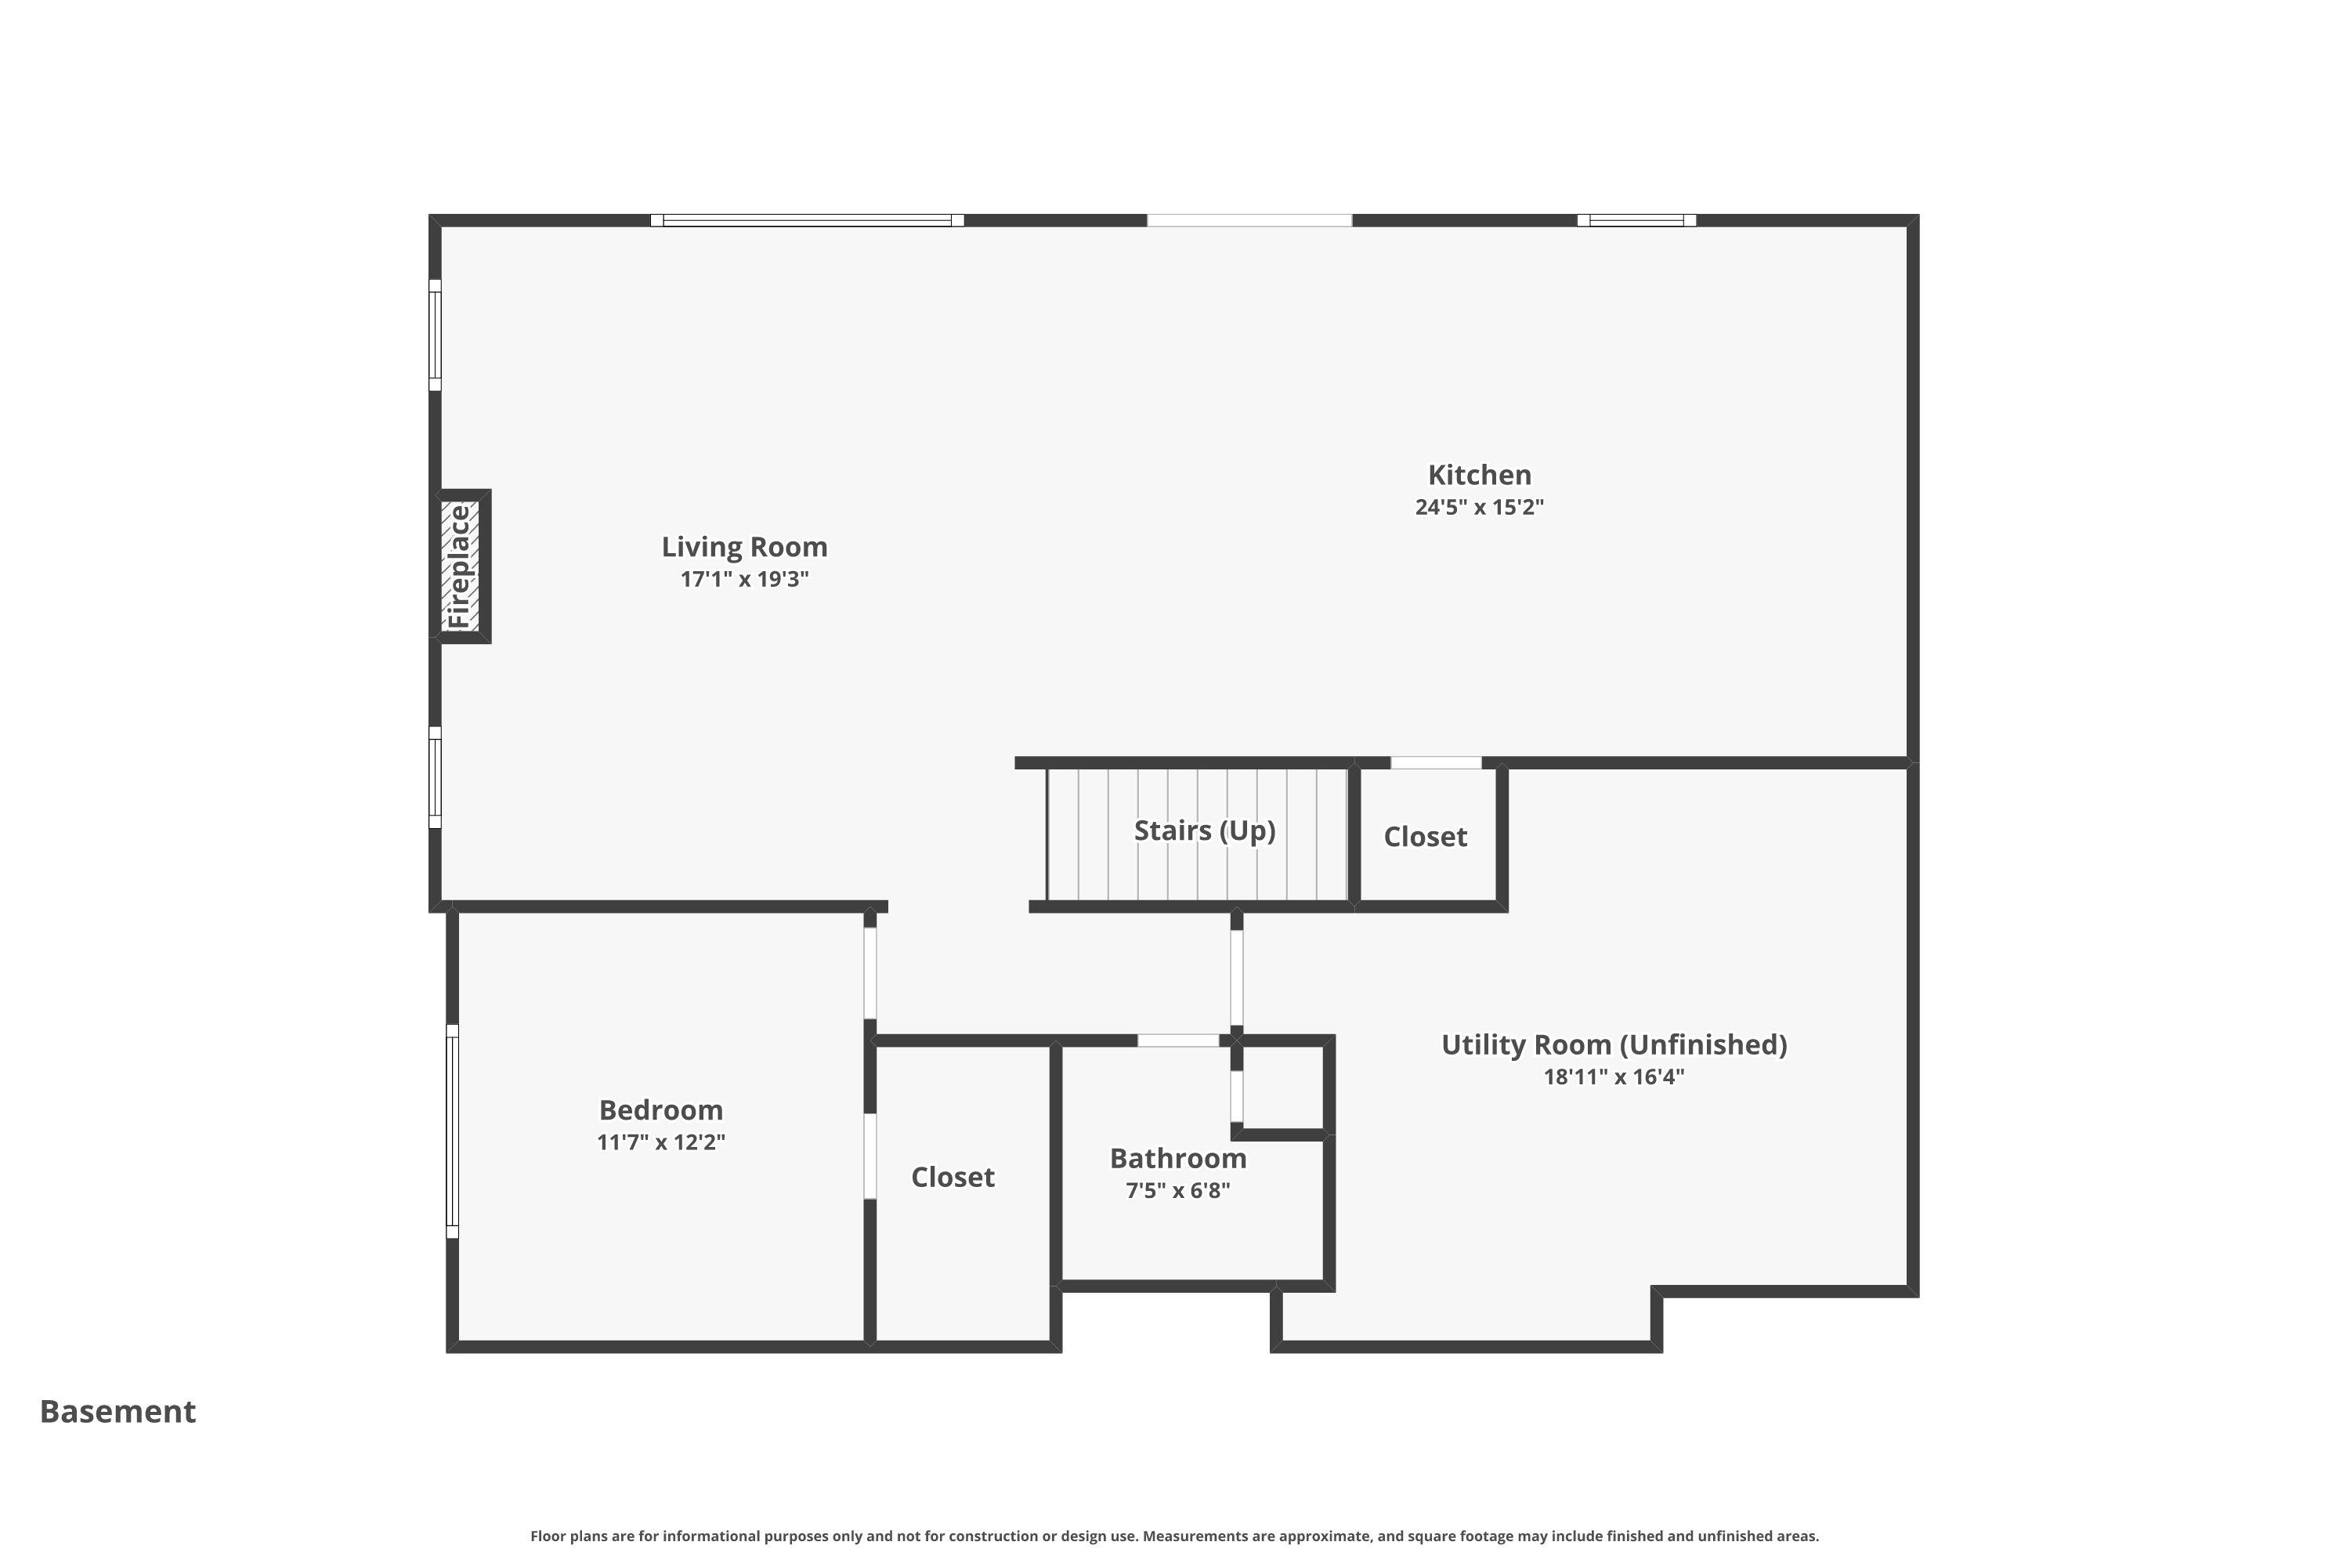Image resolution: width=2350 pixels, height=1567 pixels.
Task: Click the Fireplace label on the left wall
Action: pos(460,566)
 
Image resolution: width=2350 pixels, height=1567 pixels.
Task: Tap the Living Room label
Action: pos(744,547)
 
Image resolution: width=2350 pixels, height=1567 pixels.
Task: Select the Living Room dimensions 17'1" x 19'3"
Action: pos(744,579)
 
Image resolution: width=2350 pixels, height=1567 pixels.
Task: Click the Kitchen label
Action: pos(1479,475)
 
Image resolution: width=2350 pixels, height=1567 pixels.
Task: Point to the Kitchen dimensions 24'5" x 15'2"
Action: pos(1479,507)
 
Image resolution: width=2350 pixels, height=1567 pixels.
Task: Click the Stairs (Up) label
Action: pos(1204,831)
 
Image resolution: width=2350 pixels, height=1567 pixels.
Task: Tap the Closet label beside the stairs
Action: pos(1425,837)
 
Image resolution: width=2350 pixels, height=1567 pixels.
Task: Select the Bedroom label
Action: pos(660,1109)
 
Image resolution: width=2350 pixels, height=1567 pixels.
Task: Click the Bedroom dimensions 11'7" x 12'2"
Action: pos(660,1142)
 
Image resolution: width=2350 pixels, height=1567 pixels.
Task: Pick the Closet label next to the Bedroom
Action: pos(953,1178)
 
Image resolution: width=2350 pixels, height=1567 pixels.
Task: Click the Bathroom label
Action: pos(1178,1158)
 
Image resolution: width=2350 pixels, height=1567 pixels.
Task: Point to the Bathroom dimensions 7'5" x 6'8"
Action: pos(1178,1190)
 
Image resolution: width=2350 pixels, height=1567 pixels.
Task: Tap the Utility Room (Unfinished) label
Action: pos(1614,1044)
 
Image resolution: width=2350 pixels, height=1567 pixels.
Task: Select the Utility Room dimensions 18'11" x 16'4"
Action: pos(1614,1077)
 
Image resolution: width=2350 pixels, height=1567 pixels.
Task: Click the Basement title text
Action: pos(118,1411)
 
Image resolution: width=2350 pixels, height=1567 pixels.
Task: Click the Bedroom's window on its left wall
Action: pos(453,1131)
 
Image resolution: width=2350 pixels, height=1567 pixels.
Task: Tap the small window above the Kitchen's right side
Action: pos(1636,221)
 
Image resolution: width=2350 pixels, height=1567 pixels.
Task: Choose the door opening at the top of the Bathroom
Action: pos(1178,1040)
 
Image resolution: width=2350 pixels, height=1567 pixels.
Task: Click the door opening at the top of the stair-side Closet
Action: pos(1436,763)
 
